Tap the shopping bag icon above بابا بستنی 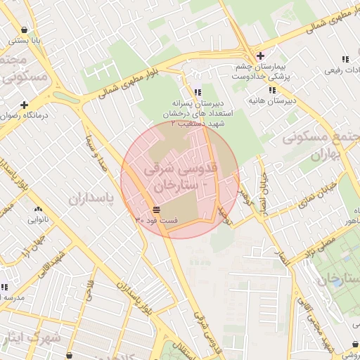[25, 30]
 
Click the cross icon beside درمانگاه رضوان [24, 105]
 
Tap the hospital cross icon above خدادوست [260, 56]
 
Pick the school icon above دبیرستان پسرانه [197, 92]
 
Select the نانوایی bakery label [39, 219]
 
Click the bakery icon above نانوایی [38, 209]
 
